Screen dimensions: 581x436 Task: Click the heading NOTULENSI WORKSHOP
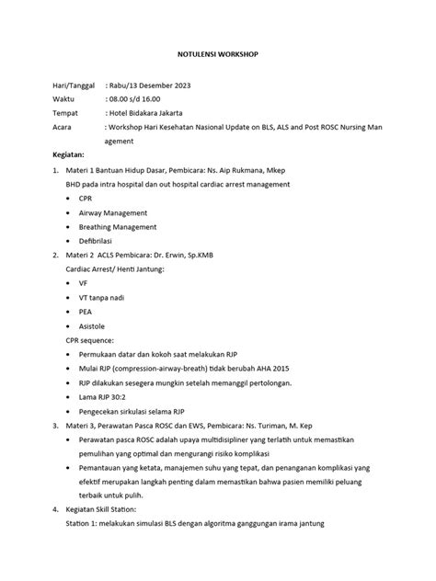217,55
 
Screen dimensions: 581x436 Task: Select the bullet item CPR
86,198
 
